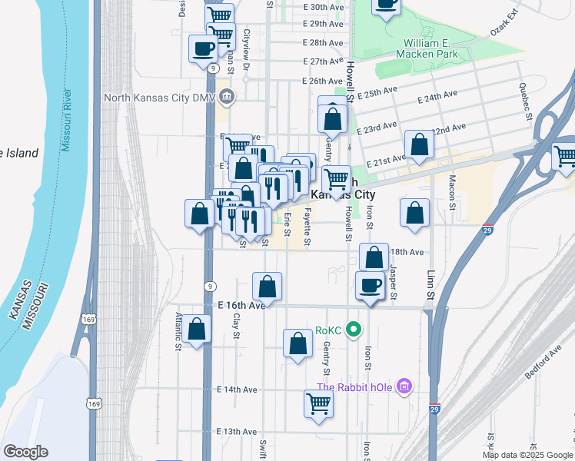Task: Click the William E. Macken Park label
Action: coord(427,48)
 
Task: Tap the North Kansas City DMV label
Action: coord(161,98)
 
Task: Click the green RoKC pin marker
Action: coord(354,331)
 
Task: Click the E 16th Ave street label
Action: coord(241,305)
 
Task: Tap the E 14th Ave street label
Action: coord(237,390)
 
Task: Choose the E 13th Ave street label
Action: coord(237,432)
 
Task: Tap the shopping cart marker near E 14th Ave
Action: coord(319,403)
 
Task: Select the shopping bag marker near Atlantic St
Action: coord(197,329)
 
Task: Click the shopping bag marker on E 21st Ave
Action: coord(419,145)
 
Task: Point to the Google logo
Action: coord(25,452)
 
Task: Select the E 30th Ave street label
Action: coord(323,6)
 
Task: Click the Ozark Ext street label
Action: coord(505,23)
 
